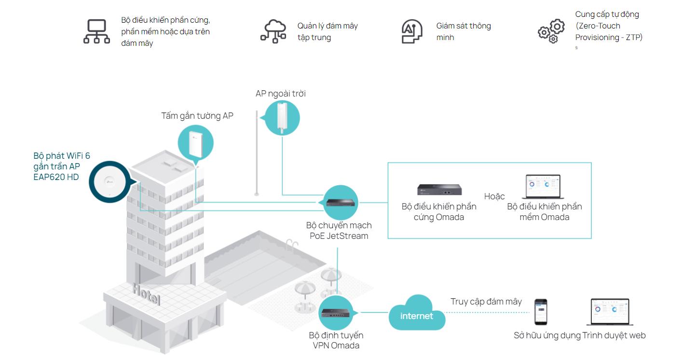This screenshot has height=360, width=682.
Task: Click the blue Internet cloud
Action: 417,315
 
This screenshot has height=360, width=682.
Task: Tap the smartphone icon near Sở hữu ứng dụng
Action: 540,312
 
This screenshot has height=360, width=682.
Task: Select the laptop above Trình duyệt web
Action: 611,312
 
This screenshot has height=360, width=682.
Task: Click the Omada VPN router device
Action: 338,313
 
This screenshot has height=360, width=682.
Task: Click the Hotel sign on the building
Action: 146,294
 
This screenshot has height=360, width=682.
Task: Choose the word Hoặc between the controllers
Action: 494,196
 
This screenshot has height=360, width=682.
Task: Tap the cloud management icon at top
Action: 273,31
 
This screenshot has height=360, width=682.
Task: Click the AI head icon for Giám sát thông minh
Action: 412,32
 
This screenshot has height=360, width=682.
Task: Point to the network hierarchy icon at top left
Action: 96,32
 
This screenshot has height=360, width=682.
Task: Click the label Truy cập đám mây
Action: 486,302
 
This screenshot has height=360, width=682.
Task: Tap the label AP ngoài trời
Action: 280,94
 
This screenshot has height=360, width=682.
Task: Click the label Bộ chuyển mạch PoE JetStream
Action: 339,231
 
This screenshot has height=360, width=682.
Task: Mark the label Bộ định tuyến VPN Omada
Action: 336,340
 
